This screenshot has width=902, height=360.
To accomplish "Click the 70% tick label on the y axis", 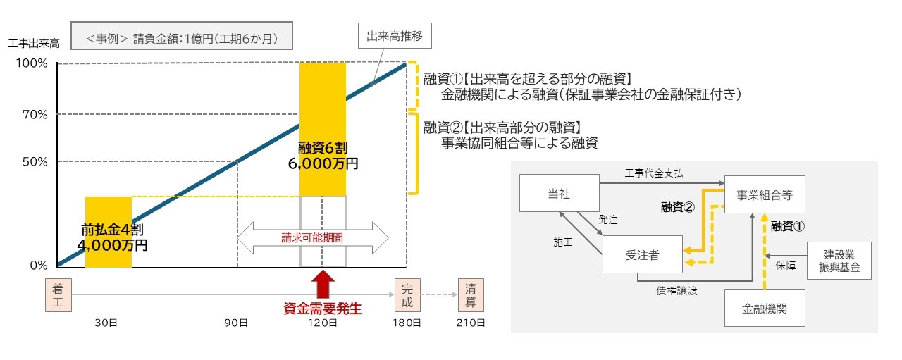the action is point(35,115).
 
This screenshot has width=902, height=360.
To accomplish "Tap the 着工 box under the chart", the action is point(58,295).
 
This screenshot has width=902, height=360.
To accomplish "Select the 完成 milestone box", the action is point(407,295).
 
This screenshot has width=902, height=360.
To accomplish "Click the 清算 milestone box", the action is point(471,295).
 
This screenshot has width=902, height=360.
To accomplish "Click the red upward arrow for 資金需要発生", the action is point(323,285).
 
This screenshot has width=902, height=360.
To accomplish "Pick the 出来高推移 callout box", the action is point(395,36).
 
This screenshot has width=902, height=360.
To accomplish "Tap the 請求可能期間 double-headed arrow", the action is point(312,237).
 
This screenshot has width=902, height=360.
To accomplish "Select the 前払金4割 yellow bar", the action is point(109,232).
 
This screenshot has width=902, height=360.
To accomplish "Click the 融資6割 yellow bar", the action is point(323,129).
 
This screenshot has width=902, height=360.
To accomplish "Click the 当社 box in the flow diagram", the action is point(560,193).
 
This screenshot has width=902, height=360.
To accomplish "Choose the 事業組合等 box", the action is point(765,194).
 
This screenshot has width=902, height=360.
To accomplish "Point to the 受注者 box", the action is point(642,254).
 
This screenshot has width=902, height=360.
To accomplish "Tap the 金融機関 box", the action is point(765,308).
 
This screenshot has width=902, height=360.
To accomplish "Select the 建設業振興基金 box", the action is point(839,261).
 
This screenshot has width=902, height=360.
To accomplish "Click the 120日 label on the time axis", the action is point(323,323).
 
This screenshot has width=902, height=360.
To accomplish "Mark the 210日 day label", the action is point(471,323).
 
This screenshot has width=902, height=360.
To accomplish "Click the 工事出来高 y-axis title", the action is point(34,44).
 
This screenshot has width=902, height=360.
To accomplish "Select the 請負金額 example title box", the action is point(182,36).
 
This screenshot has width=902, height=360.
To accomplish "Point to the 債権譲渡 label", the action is point(677,291).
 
